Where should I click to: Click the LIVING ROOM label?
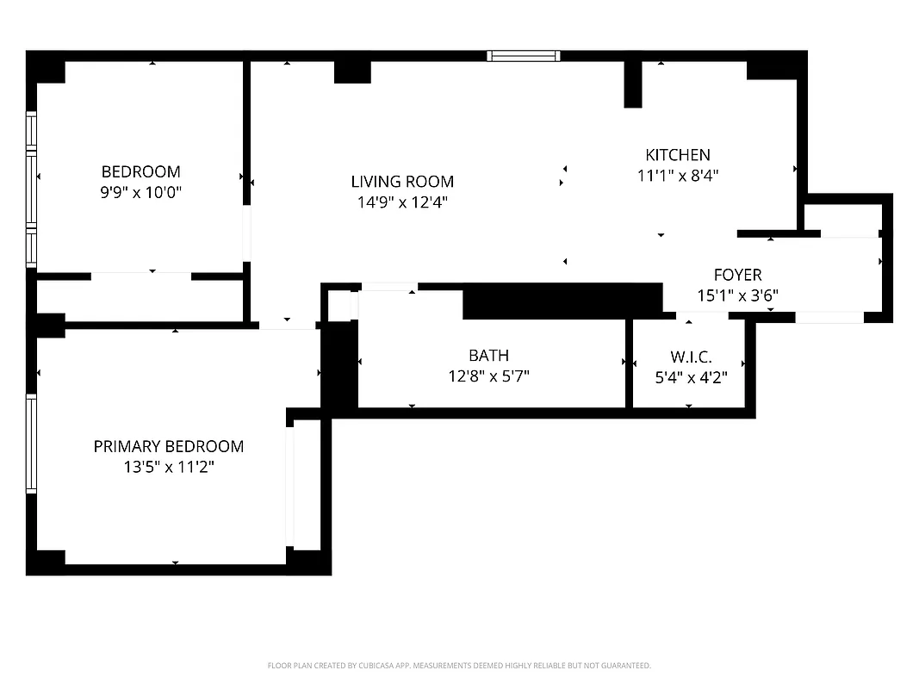[402, 182]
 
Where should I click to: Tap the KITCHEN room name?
[678, 155]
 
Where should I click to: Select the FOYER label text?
[737, 275]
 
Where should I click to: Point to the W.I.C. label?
[691, 356]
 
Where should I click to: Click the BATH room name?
[488, 355]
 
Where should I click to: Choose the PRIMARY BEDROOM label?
[169, 446]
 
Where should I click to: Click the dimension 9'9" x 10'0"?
[141, 192]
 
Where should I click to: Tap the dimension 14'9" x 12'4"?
[402, 202]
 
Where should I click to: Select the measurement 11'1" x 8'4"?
[678, 176]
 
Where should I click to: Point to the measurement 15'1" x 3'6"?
[737, 295]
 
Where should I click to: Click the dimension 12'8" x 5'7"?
[488, 376]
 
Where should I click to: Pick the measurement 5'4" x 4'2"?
[691, 376]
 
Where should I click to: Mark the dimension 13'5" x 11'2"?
[169, 468]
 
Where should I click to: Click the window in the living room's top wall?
[524, 56]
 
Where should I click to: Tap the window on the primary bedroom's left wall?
[31, 444]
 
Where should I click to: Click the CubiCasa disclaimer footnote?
[459, 666]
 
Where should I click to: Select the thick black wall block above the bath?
[562, 301]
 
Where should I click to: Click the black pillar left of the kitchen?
[633, 84]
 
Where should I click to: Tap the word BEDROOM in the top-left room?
[141, 171]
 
